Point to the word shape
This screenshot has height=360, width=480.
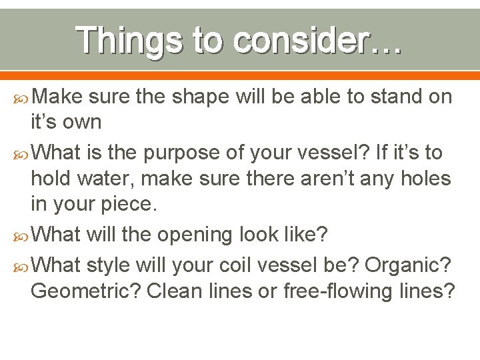click(x=194, y=97)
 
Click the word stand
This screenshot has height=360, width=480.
click(x=385, y=97)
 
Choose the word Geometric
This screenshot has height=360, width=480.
click(x=86, y=291)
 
